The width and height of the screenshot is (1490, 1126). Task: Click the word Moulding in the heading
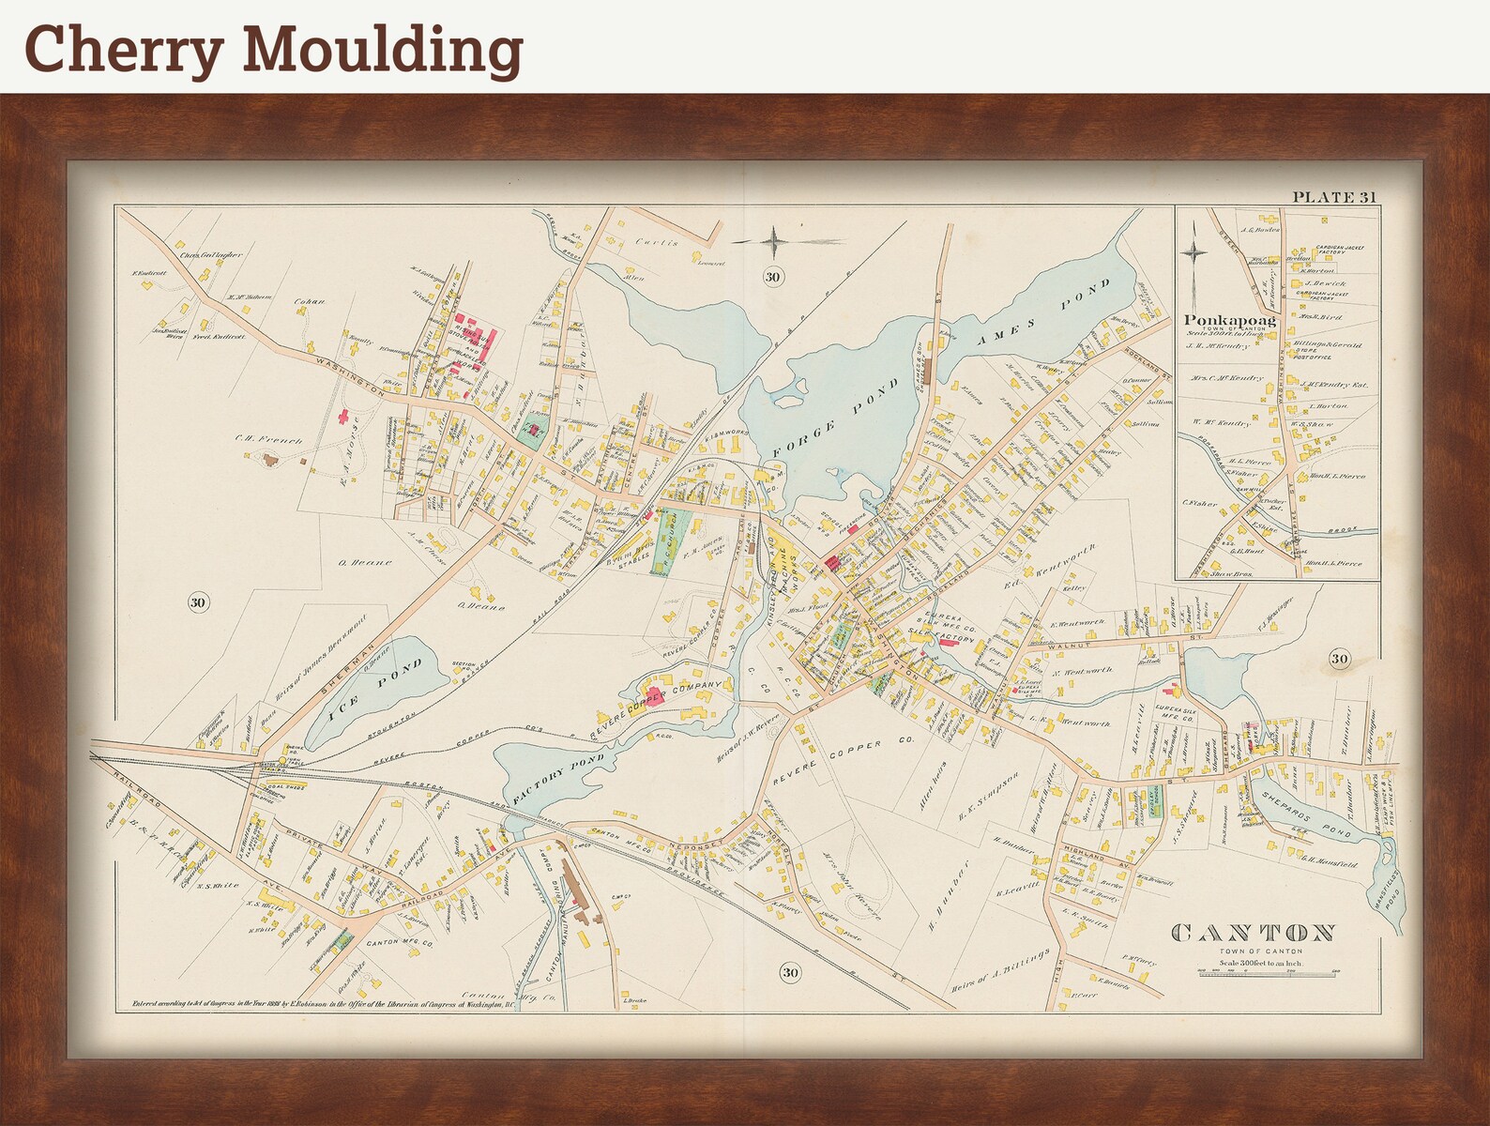pos(383,49)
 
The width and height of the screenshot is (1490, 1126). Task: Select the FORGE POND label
pos(829,419)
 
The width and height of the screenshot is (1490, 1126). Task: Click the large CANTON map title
pos(1254,933)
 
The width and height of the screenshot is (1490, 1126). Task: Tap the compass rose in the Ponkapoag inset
pos(1194,251)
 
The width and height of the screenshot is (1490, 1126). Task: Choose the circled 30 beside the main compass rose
pos(772,277)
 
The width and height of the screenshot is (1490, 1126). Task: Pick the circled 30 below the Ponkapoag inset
pos(1339,659)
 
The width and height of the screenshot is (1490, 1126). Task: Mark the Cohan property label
pos(309,302)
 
